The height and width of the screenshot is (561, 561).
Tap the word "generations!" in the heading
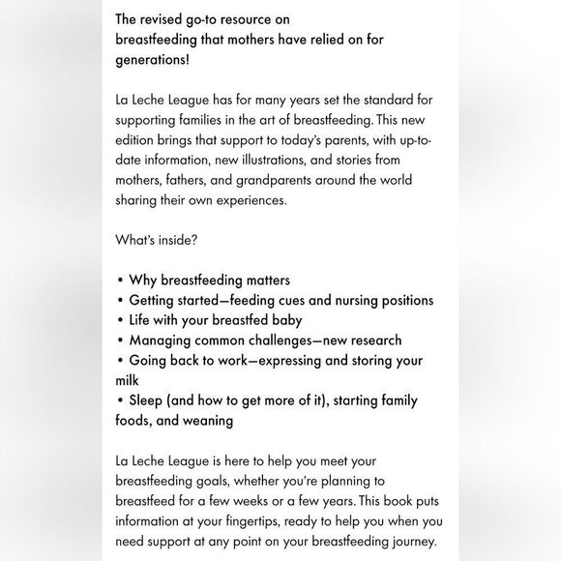153,59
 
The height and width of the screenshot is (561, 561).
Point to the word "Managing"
162,340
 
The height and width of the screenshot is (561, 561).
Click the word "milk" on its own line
128,380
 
